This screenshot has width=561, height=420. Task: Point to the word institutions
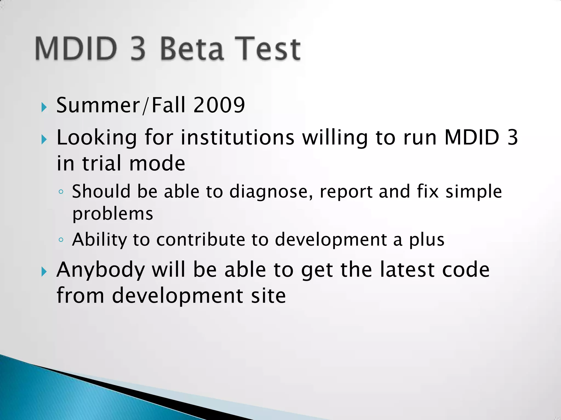click(237, 137)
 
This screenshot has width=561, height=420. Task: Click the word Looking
click(96, 138)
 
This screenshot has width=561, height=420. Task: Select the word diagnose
click(271, 191)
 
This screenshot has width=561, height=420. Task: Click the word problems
click(113, 214)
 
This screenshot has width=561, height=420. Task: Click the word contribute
click(201, 240)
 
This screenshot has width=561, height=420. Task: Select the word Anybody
click(101, 270)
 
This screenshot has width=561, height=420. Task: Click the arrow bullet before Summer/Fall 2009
click(44, 107)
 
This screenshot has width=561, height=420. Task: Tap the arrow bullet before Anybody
click(44, 272)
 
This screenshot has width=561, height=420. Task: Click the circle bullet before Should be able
click(61, 192)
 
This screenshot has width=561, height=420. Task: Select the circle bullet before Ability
click(61, 240)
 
